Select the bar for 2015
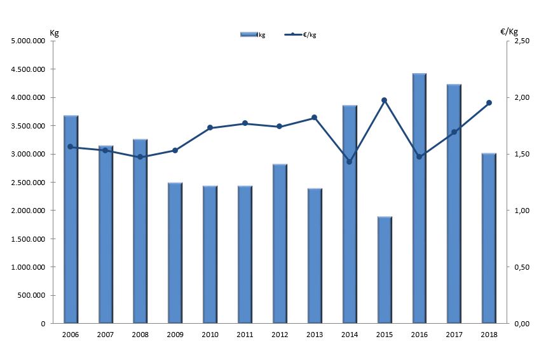(x=385, y=270)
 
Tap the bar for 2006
(x=71, y=219)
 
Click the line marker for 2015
(x=385, y=100)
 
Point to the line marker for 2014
(x=349, y=162)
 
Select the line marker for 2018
(x=489, y=102)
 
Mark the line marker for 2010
(x=210, y=128)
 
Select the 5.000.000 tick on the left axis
(x=28, y=41)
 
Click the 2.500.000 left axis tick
(x=28, y=183)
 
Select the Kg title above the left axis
(x=54, y=32)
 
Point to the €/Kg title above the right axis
(x=509, y=31)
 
